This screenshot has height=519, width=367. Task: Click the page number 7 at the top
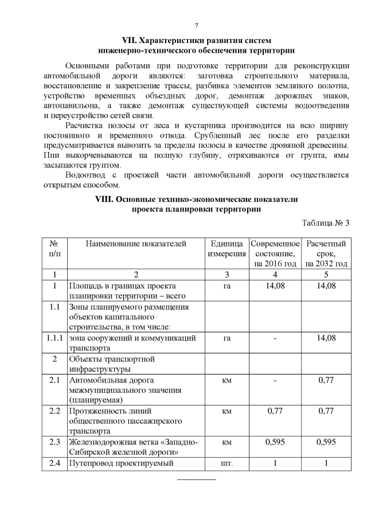point(196,26)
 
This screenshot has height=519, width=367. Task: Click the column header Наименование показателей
point(136,244)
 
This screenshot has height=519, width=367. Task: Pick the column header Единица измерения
point(227,248)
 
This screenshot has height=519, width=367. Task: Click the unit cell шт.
point(227,463)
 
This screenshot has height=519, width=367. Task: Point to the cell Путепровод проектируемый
point(120,463)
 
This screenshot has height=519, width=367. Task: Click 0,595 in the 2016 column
point(275,442)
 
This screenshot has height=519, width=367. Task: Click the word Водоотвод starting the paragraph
point(87,175)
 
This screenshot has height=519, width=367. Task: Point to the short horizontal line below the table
point(196,478)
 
